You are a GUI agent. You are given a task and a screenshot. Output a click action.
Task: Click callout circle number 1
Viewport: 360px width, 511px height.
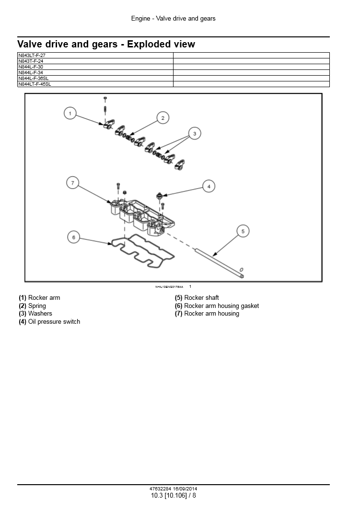[x=70, y=113]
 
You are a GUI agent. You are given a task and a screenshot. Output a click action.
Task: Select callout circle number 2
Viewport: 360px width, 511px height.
[x=163, y=118]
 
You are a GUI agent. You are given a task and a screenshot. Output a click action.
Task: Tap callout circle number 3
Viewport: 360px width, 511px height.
[x=195, y=134]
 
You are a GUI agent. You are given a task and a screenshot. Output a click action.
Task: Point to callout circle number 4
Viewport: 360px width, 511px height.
[x=209, y=186]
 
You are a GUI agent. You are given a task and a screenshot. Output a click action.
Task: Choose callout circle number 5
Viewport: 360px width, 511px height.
[x=243, y=231]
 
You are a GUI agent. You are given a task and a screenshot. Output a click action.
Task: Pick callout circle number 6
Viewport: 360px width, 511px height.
[x=73, y=237]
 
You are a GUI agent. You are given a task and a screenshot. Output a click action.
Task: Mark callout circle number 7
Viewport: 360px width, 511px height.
[x=73, y=183]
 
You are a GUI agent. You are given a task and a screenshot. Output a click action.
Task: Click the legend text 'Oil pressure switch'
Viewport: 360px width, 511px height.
[x=54, y=322]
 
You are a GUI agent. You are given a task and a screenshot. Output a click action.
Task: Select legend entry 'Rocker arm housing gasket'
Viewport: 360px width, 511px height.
[x=221, y=306]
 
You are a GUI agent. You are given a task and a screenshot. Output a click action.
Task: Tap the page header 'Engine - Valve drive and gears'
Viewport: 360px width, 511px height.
[x=173, y=19]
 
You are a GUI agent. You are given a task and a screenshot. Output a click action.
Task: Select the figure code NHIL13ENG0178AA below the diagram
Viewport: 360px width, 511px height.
[x=169, y=287]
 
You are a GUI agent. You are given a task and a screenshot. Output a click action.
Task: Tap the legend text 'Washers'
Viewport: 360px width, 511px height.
[x=40, y=314]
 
